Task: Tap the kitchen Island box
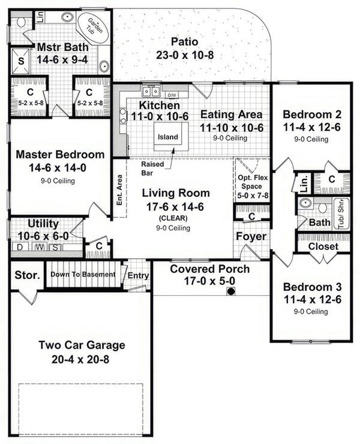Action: click(x=168, y=137)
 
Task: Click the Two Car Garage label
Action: click(x=82, y=345)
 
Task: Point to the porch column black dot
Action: click(x=229, y=292)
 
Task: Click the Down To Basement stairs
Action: click(x=83, y=274)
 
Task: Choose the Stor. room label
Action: click(x=27, y=275)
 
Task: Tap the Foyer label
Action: click(x=250, y=236)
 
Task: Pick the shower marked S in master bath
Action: click(x=21, y=61)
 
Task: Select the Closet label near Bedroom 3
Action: click(x=323, y=246)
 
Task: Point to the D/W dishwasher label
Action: click(x=172, y=95)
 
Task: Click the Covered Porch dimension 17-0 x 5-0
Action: click(x=209, y=280)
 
